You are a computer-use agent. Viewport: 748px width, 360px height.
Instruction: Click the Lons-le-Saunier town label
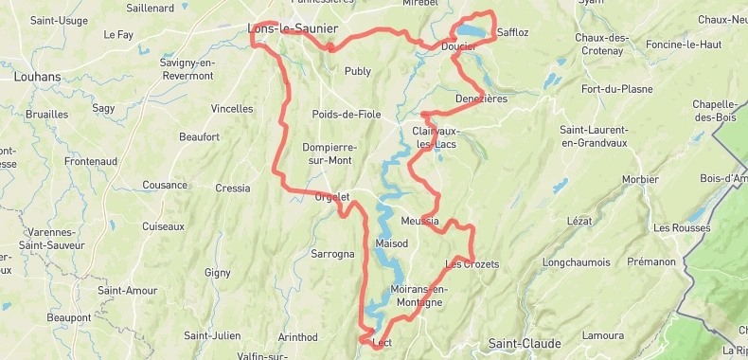pos(292,28)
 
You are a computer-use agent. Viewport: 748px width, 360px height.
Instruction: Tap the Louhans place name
pos(37,77)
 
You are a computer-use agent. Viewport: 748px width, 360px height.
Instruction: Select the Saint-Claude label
pos(524,343)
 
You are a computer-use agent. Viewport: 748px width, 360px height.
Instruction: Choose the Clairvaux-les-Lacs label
pos(435,136)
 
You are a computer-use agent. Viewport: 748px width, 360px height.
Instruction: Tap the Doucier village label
pos(458,45)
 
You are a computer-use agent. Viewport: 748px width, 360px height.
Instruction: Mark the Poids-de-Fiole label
pos(347,115)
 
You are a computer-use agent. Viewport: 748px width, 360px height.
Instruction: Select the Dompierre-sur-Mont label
pos(329,153)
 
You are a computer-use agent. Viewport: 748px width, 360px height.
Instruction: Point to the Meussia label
pos(419,221)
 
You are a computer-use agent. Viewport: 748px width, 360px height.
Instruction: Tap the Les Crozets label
pos(472,263)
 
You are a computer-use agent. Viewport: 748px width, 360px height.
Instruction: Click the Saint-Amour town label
pos(127,290)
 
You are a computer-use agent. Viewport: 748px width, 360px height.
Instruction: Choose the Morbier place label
pos(640,179)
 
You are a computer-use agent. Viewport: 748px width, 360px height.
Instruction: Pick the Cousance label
pos(165,186)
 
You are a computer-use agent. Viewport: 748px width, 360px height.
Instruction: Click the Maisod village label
pos(391,243)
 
